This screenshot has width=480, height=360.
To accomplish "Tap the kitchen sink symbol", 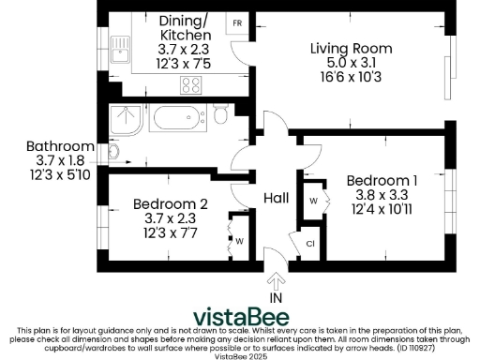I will click(120, 47).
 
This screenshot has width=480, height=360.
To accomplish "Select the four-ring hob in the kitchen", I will click(191, 84).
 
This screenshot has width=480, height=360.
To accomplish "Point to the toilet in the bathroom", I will click(220, 116).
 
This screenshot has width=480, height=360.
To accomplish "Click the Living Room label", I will click(352, 49).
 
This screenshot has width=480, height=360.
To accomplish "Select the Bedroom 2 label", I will click(170, 203).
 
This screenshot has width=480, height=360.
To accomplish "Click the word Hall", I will click(276, 198).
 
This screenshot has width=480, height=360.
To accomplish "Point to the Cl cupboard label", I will click(310, 244).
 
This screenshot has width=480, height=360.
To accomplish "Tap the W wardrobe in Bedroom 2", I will click(240, 241).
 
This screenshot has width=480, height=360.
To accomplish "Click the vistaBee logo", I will click(241, 316).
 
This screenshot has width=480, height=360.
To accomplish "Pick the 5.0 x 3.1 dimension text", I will click(352, 64).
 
